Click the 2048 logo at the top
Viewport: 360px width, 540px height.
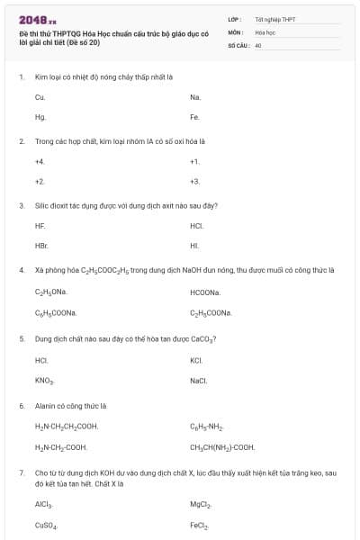(x=37, y=19)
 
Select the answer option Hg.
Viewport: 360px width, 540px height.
(x=40, y=117)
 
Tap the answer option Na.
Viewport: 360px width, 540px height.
(x=195, y=96)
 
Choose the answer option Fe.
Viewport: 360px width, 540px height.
(x=194, y=117)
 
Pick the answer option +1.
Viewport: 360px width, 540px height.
(x=194, y=161)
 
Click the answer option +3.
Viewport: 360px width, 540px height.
(x=194, y=181)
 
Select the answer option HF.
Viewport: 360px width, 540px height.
(x=40, y=225)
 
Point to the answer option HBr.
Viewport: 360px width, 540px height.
(x=40, y=245)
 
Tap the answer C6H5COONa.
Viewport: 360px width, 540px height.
(x=55, y=312)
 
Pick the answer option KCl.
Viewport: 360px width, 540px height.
(x=196, y=360)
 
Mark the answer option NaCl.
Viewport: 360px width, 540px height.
(x=199, y=381)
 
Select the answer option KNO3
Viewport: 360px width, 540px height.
(x=44, y=381)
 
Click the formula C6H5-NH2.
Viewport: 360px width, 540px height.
(x=207, y=427)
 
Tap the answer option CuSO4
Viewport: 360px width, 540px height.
(x=45, y=525)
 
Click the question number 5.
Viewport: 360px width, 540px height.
(x=21, y=339)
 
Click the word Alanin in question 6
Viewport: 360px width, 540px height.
(x=45, y=406)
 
